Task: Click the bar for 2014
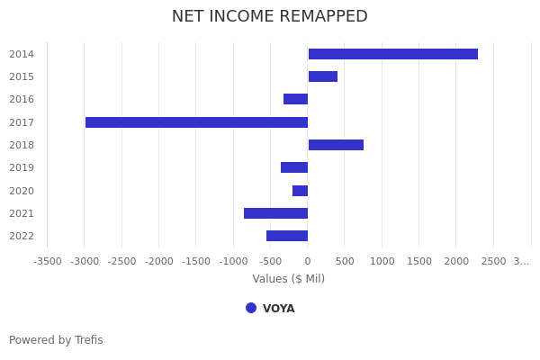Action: (x=392, y=54)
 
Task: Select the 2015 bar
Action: (x=322, y=76)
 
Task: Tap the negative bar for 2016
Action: (x=295, y=99)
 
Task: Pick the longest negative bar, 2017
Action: (x=196, y=122)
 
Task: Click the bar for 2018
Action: (x=336, y=145)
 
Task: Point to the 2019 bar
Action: (x=294, y=167)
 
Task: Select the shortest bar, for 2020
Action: (x=300, y=191)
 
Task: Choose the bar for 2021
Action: (x=275, y=213)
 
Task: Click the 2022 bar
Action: (x=287, y=236)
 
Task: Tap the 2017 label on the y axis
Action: (x=22, y=122)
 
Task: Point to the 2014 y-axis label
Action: (x=22, y=54)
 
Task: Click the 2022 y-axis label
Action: (x=22, y=236)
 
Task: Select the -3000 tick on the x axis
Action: (x=85, y=261)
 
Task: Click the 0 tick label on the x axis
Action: (x=308, y=261)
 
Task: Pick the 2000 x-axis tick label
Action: (x=456, y=261)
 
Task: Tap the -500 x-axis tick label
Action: (x=270, y=261)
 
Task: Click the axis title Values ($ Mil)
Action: (x=288, y=279)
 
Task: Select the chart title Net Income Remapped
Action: (x=270, y=16)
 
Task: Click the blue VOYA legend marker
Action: (x=251, y=308)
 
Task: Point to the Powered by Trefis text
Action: (x=56, y=340)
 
